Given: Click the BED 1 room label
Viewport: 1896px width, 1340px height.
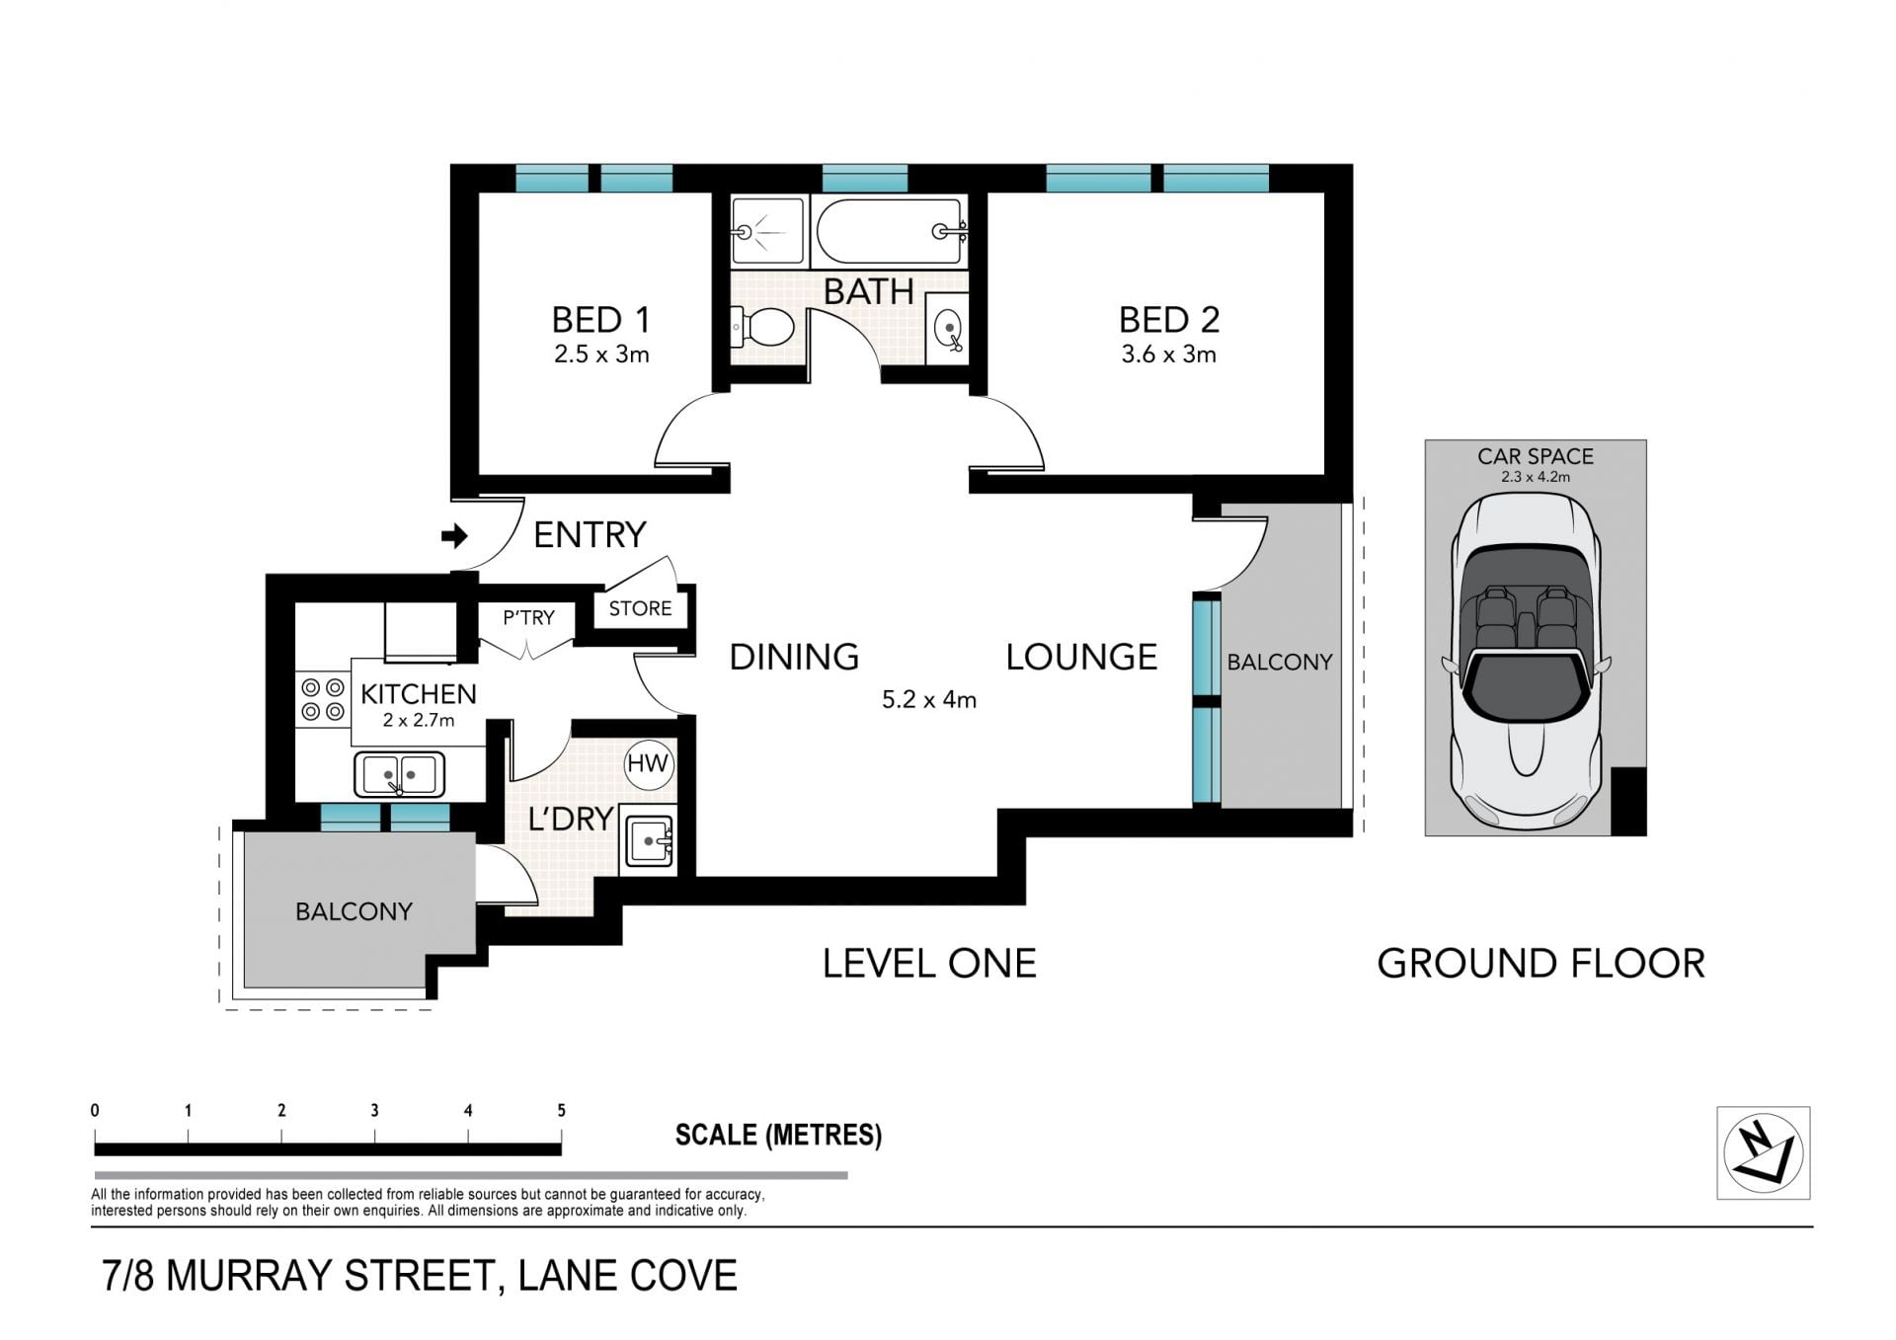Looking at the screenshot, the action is click(x=600, y=320).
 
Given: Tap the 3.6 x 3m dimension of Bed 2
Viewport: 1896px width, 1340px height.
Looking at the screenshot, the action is click(x=1168, y=355).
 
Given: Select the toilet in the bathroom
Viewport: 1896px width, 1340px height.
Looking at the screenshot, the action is click(x=761, y=327).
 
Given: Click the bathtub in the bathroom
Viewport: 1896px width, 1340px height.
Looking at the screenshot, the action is click(x=890, y=231).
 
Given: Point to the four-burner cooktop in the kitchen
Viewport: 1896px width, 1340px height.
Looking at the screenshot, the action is click(x=323, y=699).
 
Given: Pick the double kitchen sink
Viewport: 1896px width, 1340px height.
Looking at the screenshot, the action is click(x=399, y=774).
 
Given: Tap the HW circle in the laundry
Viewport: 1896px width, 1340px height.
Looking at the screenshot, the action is click(x=648, y=763).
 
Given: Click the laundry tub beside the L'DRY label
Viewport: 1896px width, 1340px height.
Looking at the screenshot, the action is click(x=648, y=842).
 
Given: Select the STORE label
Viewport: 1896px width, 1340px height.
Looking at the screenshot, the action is click(x=640, y=608).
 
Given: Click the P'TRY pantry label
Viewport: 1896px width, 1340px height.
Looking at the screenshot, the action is click(x=528, y=617).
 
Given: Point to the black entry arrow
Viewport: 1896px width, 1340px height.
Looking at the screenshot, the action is click(x=454, y=536).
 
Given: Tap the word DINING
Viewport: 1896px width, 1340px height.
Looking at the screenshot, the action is click(x=794, y=657).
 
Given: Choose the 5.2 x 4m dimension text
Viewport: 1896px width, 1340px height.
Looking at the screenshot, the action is click(x=928, y=700).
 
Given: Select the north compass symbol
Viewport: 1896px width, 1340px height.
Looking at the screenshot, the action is click(x=1763, y=1152).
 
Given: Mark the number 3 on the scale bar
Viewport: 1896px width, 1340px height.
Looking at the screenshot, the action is click(x=374, y=1110).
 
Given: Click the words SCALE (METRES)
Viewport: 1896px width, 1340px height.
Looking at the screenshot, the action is click(x=778, y=1135).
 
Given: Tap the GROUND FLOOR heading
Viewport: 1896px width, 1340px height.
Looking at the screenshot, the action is click(x=1540, y=963).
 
